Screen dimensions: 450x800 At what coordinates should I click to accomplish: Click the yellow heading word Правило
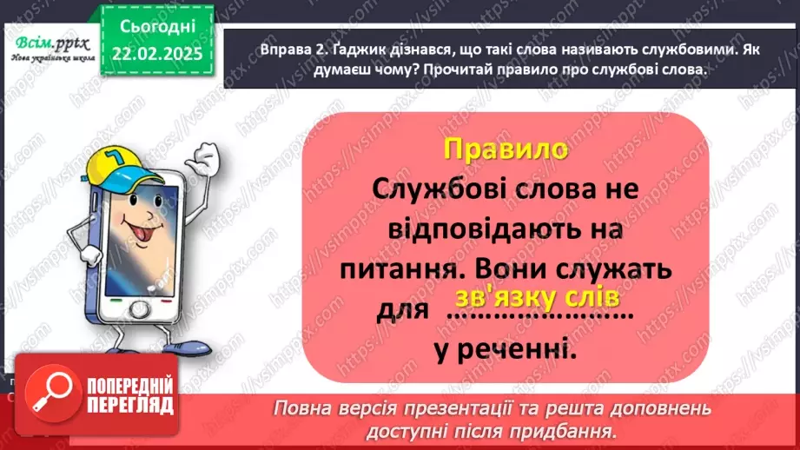coord(506,149)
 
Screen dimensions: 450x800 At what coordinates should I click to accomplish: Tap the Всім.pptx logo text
coord(48,41)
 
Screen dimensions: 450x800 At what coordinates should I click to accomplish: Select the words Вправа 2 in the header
coord(264,50)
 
